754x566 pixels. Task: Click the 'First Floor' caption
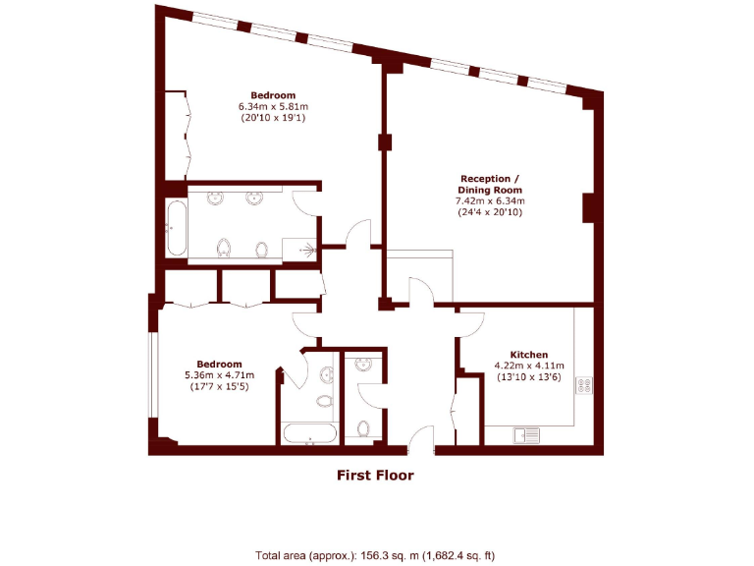[375, 476]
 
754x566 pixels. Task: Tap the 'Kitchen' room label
[528, 355]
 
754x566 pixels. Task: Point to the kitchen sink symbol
[526, 433]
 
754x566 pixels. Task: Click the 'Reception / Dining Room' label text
[490, 184]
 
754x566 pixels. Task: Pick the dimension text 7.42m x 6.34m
[490, 201]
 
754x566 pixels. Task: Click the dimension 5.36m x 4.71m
[219, 374]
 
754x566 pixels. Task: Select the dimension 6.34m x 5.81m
[273, 106]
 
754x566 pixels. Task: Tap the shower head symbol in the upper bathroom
[312, 250]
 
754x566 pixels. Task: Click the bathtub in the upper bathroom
[177, 230]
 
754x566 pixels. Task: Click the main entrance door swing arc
[422, 436]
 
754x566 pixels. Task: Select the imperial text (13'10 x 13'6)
[528, 376]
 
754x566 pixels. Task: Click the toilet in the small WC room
[363, 428]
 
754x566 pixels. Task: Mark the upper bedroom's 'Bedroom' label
[273, 95]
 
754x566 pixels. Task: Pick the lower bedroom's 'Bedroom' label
[219, 363]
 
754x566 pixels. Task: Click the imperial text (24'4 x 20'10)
[490, 212]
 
